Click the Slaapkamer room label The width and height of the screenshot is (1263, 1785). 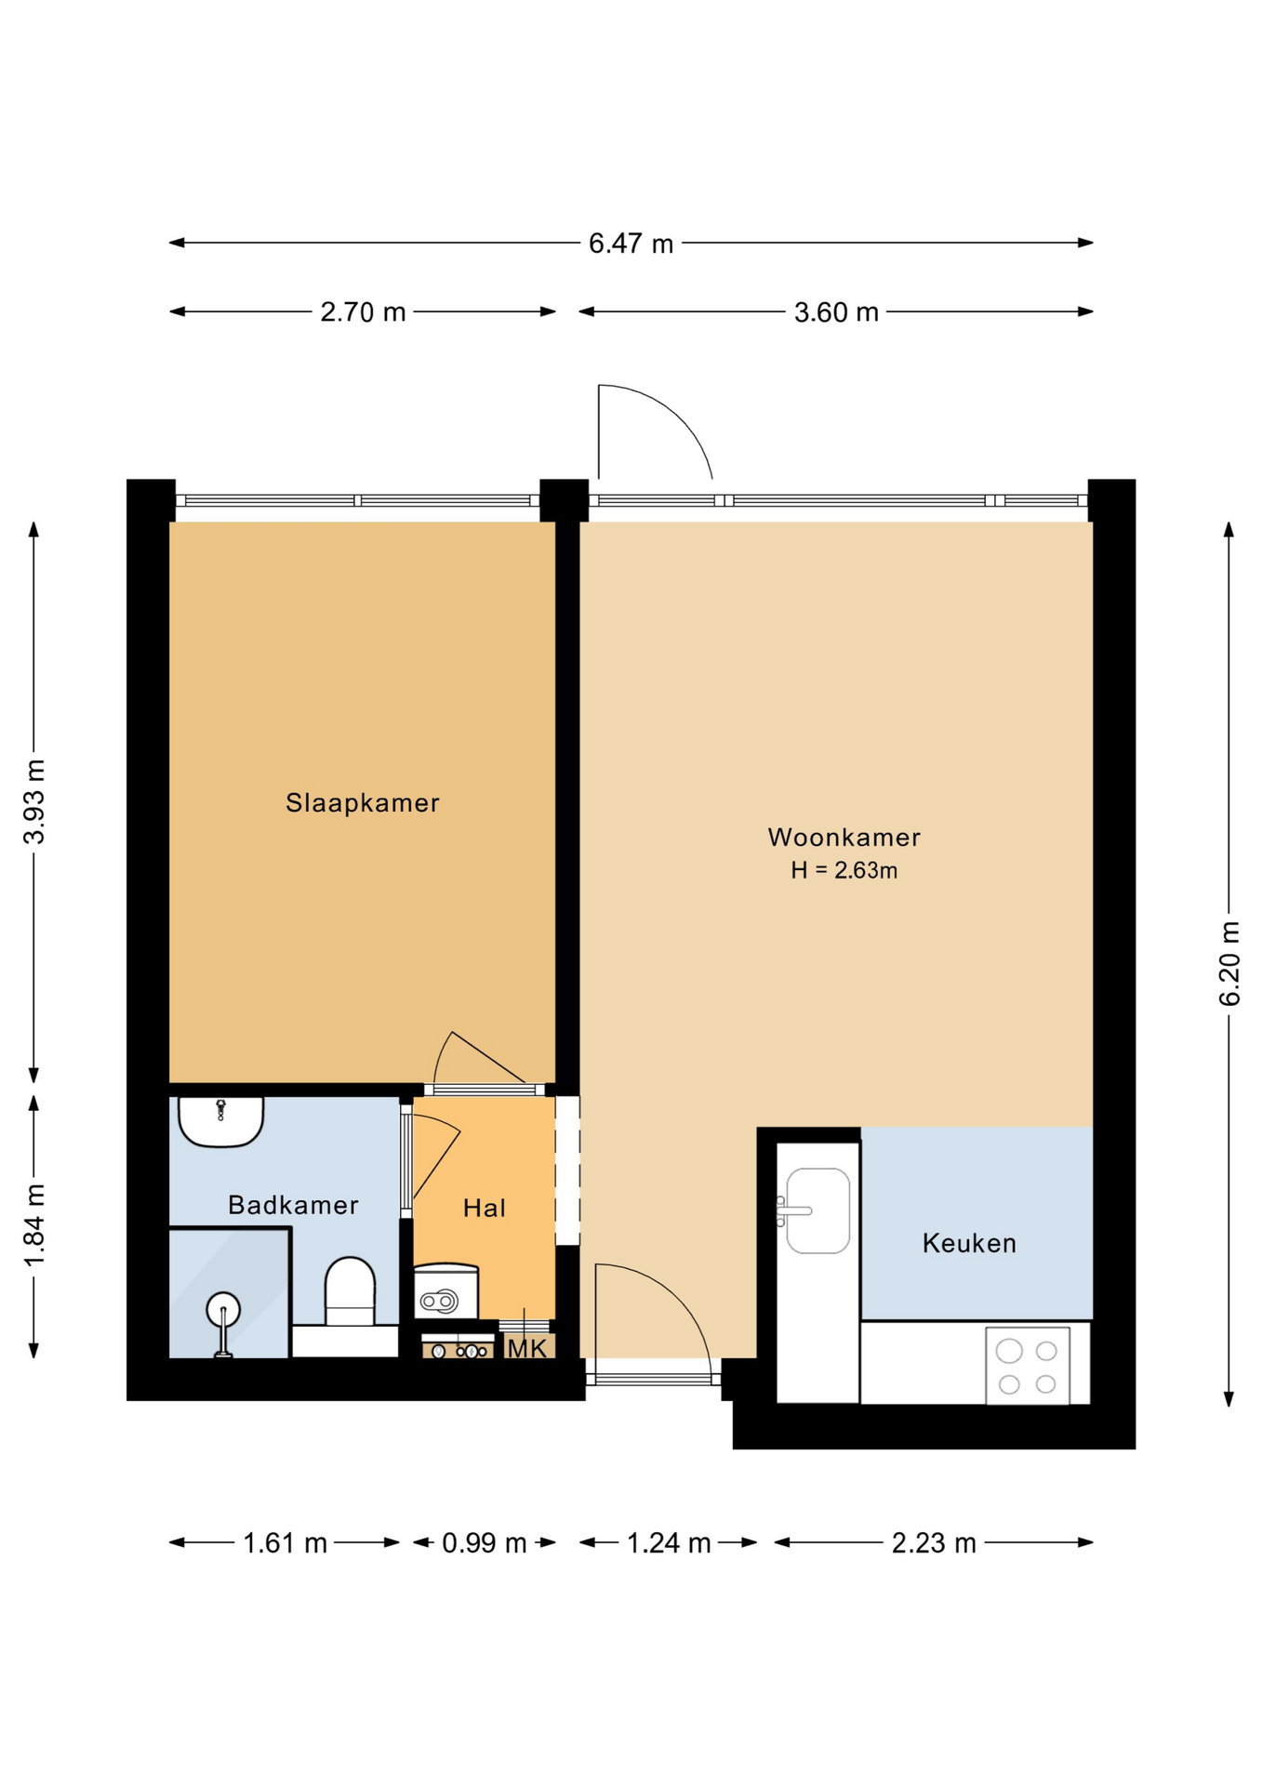(362, 802)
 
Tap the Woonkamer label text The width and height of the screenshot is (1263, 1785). (844, 837)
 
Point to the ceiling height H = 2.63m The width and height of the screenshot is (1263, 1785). (844, 870)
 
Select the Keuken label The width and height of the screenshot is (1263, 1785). (969, 1243)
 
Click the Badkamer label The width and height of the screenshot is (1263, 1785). (293, 1205)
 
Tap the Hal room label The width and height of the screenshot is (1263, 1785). (485, 1208)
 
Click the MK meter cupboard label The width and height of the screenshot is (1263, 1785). (526, 1348)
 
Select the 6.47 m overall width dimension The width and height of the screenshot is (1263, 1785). (631, 244)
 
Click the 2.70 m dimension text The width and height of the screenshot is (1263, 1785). (363, 312)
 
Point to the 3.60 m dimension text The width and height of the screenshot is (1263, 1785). (836, 312)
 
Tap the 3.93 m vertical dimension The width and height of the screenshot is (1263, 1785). (34, 801)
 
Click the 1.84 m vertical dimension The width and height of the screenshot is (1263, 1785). (34, 1225)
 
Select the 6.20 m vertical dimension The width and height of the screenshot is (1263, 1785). (1230, 963)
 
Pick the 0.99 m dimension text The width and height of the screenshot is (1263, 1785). (484, 1543)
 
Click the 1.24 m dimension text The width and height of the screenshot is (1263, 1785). (669, 1543)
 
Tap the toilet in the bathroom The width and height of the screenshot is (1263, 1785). (350, 1292)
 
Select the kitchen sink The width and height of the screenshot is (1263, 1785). (818, 1210)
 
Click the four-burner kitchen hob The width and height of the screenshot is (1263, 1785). (1028, 1366)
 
